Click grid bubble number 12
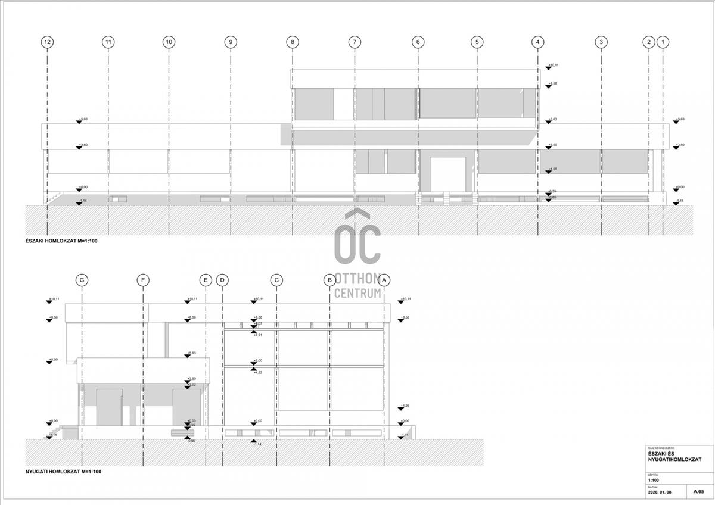pyautogui.click(x=48, y=42)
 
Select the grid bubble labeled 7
pyautogui.click(x=355, y=42)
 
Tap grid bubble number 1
pyautogui.click(x=664, y=42)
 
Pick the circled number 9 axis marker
pyautogui.click(x=231, y=42)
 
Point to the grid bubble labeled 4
pyautogui.click(x=538, y=42)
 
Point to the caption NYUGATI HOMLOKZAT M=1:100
pyautogui.click(x=63, y=472)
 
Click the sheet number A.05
pyautogui.click(x=698, y=492)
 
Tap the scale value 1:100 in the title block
pyautogui.click(x=654, y=479)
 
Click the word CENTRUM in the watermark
pyautogui.click(x=357, y=293)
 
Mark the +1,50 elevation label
pyautogui.click(x=553, y=169)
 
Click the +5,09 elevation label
pyautogui.click(x=52, y=360)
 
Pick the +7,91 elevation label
pyautogui.click(x=258, y=335)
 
